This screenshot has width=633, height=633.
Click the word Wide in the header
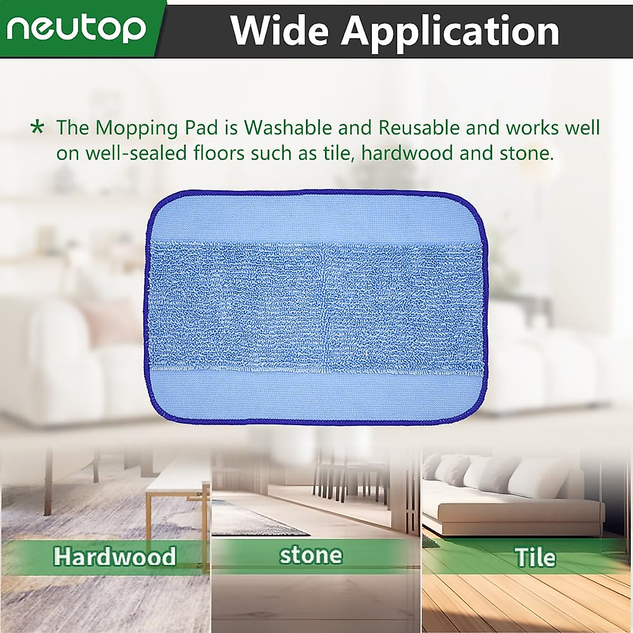click(277, 31)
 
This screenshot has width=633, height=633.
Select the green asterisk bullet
click(37, 128)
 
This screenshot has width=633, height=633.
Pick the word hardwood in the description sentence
click(407, 154)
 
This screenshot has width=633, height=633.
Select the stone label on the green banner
click(311, 555)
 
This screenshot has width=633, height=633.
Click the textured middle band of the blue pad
click(316, 306)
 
